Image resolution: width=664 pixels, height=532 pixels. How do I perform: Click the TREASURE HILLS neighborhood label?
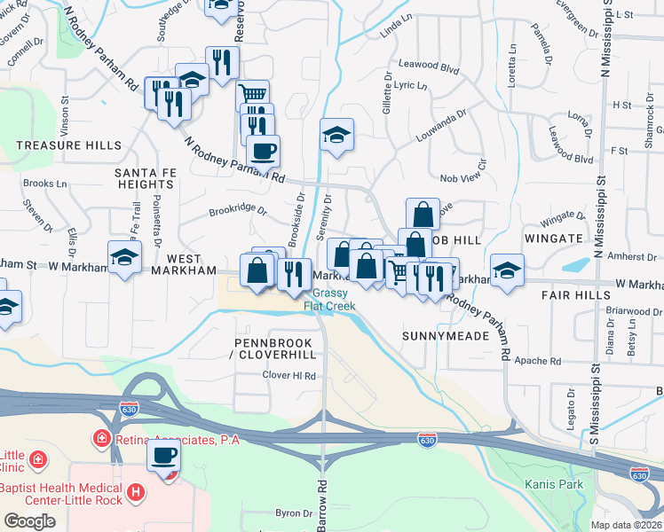coord(60,145)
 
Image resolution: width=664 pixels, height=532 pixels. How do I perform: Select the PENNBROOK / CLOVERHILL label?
coord(275,348)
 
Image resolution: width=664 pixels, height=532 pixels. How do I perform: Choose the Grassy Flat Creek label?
coord(330,300)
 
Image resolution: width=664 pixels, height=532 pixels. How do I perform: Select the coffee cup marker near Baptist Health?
coord(164,458)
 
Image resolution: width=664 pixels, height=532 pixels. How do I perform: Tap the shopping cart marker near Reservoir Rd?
coord(253,93)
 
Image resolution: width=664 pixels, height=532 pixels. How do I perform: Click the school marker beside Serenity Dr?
coord(336,135)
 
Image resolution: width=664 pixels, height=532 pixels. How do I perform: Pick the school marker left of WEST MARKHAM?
coord(125,258)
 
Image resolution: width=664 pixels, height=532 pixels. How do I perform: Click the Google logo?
coord(29,521)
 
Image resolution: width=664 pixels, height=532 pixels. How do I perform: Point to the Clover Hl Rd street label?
coord(289,376)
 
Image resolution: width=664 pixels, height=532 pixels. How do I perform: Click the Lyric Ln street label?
coord(411,86)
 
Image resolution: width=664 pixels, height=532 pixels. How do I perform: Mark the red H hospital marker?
coord(135,490)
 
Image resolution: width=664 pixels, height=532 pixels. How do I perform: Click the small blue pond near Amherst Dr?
coord(578,264)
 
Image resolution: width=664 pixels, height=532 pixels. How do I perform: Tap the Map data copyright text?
coord(627,525)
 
